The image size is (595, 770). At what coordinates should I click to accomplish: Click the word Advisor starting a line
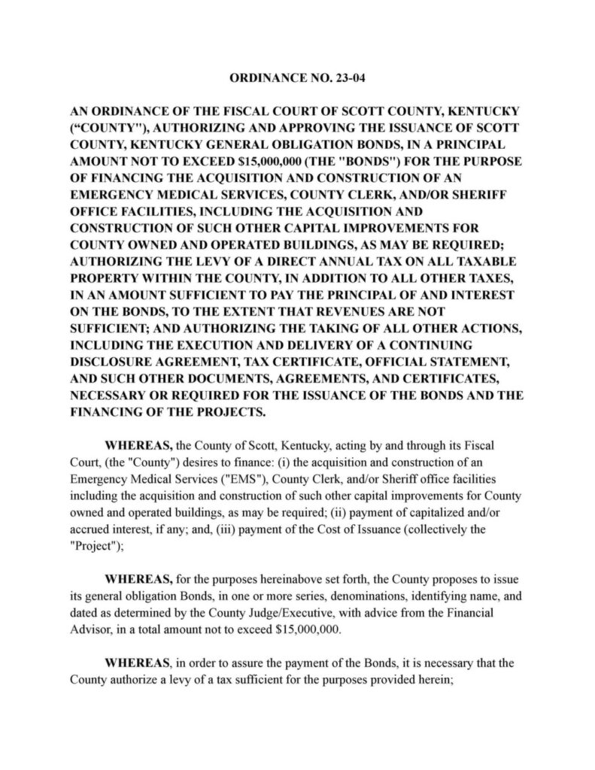point(91,629)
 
